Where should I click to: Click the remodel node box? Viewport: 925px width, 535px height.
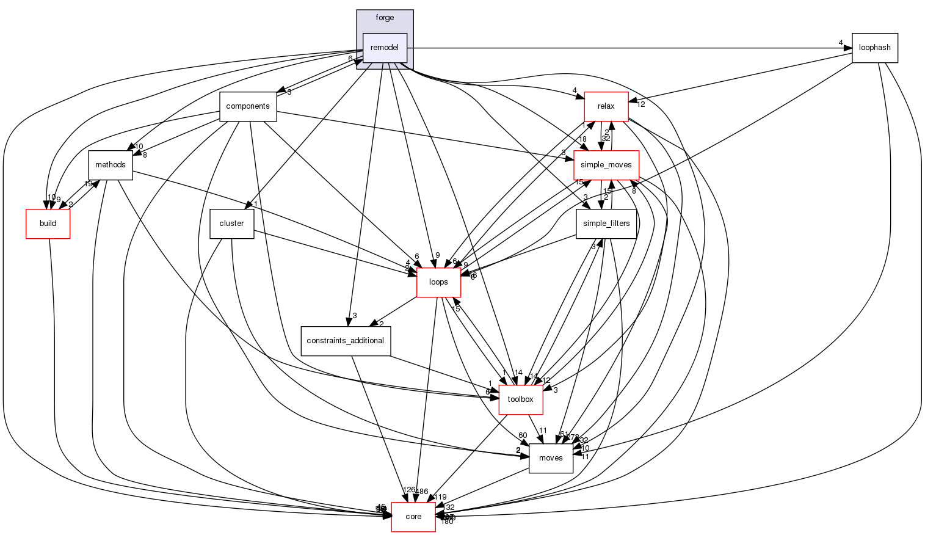tap(385, 48)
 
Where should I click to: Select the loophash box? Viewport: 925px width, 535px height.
tap(874, 48)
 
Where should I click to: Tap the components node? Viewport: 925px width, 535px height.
tap(247, 106)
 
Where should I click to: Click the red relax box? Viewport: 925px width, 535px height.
tap(606, 106)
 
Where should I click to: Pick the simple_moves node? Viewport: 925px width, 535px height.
tap(606, 165)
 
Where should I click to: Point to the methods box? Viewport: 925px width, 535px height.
tap(111, 165)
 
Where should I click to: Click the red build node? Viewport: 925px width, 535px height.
tap(48, 224)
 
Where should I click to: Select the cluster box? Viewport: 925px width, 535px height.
tap(231, 224)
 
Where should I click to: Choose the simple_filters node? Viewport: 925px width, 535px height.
tap(606, 224)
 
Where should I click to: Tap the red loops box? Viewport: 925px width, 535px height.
tap(438, 282)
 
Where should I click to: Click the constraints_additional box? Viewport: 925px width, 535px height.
tap(346, 341)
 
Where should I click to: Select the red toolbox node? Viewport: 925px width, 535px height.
tap(521, 399)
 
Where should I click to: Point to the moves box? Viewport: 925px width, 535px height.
tap(551, 458)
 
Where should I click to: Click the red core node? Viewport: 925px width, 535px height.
tap(413, 517)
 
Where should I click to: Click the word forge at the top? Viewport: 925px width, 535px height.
tap(385, 18)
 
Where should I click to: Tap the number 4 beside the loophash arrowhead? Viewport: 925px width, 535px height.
tap(840, 43)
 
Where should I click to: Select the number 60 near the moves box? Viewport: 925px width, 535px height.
tap(523, 435)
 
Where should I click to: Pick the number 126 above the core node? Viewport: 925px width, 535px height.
tap(409, 490)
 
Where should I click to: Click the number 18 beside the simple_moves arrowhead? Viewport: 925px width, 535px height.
tap(582, 139)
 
